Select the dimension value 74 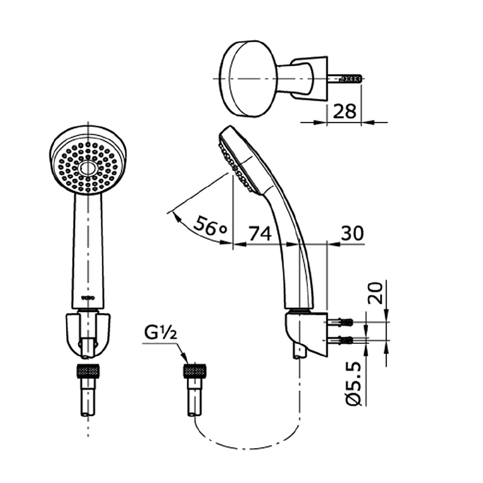pyautogui.click(x=260, y=233)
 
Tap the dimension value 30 pyautogui.click(x=352, y=233)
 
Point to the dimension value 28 pyautogui.click(x=344, y=111)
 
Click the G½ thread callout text pyautogui.click(x=160, y=333)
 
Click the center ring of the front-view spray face pyautogui.click(x=88, y=168)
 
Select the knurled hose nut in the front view pyautogui.click(x=88, y=372)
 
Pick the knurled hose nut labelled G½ pyautogui.click(x=194, y=372)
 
